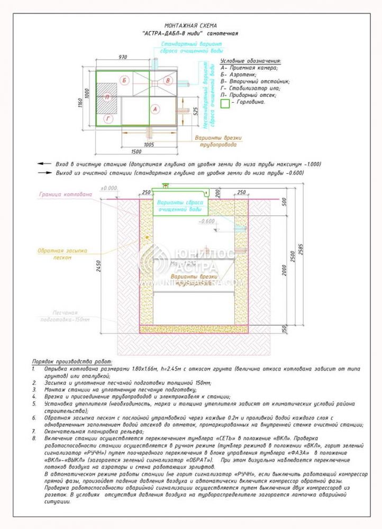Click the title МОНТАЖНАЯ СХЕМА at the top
coord(190,25)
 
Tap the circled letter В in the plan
coord(168,80)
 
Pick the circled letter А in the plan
coord(155,109)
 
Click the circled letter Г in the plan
coord(108,119)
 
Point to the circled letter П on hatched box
coord(107,97)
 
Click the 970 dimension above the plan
coord(123,57)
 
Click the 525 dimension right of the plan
coord(196,112)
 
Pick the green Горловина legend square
coord(225,104)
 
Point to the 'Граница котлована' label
coord(65,194)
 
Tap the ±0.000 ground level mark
coord(110,188)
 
